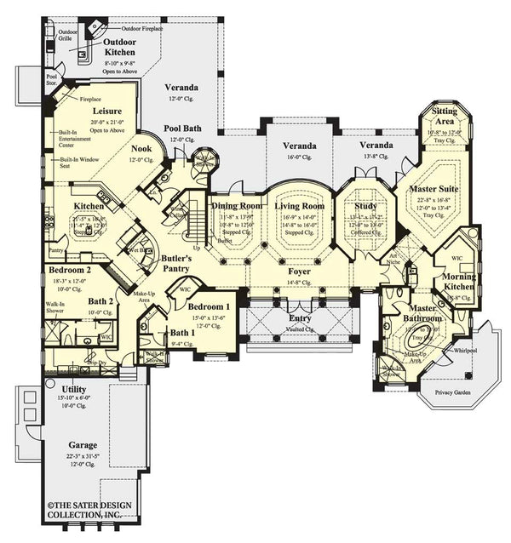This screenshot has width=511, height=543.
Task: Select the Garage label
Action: point(83,444)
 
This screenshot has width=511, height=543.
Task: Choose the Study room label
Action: point(365,206)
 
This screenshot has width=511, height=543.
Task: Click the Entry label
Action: point(300,306)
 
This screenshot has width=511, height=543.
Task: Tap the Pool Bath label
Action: point(182,129)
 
